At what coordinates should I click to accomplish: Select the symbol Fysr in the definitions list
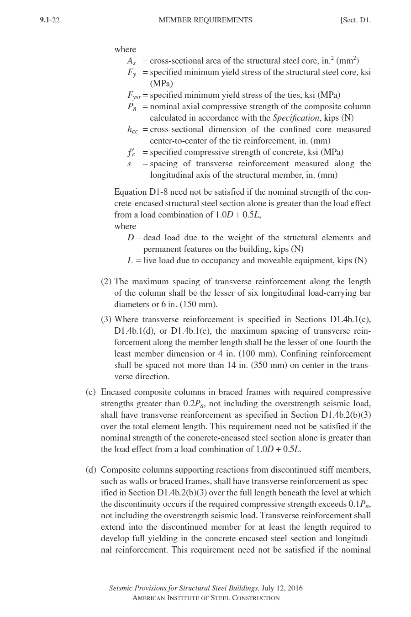click(x=134, y=95)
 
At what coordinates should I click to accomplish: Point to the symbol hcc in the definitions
click(x=132, y=130)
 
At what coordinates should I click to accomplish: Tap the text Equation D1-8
click(x=141, y=192)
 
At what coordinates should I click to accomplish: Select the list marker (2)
click(x=106, y=281)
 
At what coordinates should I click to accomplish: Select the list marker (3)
click(x=106, y=320)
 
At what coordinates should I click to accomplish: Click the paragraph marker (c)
click(x=91, y=392)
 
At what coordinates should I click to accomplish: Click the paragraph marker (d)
click(x=91, y=470)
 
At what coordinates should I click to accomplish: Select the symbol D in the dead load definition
click(x=130, y=238)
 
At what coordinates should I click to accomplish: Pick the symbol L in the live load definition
click(x=130, y=261)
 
